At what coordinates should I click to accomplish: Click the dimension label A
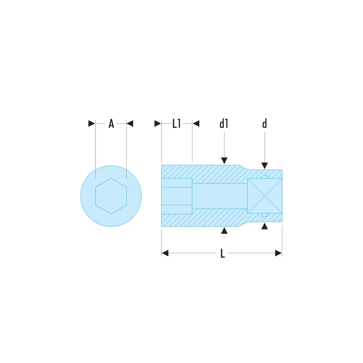pos(111,124)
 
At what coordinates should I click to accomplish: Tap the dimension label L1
pos(176,124)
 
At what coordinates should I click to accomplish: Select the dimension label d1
pos(224,124)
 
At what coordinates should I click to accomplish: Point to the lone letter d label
pos(265,124)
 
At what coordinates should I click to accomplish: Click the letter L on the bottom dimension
pos(223,253)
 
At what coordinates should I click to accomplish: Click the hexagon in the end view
pos(111,196)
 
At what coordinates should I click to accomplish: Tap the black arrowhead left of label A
pos(92,124)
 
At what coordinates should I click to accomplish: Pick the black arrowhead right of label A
pos(130,124)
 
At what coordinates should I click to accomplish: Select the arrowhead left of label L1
pos(158,124)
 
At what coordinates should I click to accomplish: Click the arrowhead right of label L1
pos(196,124)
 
